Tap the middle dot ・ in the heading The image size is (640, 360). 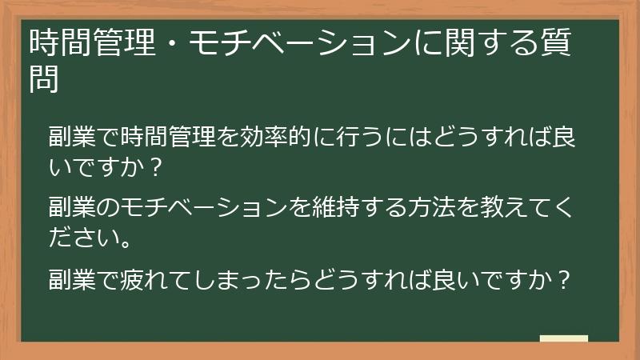[x=170, y=44]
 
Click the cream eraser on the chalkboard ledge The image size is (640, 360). [x=563, y=339]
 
